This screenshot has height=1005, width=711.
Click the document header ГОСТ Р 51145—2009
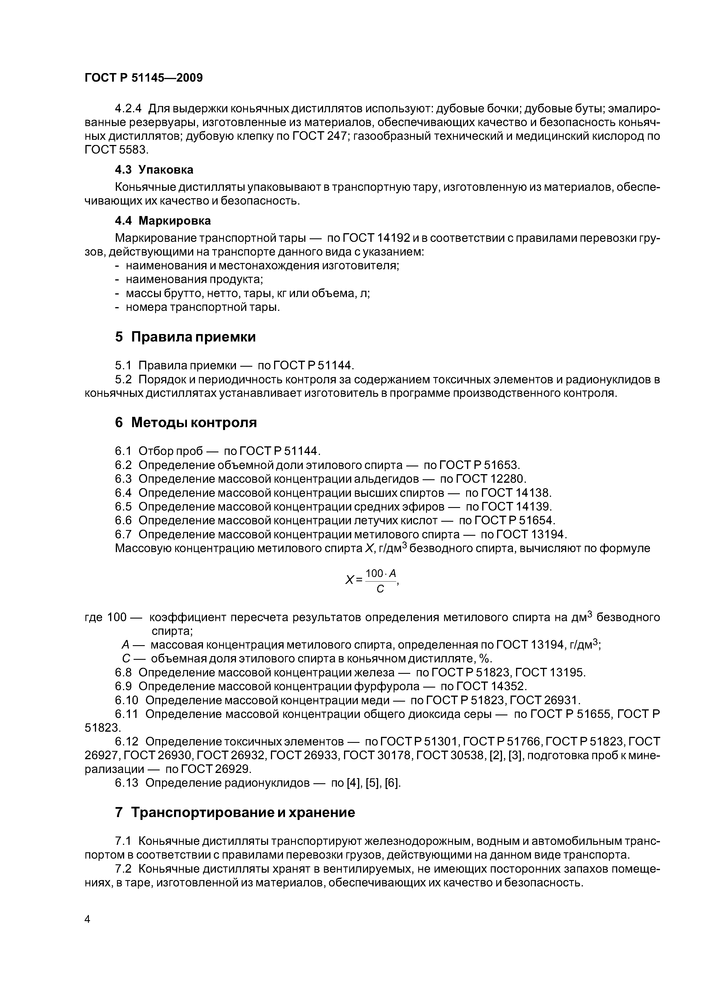pos(144,78)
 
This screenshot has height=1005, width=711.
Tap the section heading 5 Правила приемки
pos(185,337)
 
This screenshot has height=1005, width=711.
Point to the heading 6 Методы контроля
pos(186,423)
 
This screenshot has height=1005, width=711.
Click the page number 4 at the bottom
pos(87,919)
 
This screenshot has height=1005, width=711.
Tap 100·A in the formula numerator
pos(380,574)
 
